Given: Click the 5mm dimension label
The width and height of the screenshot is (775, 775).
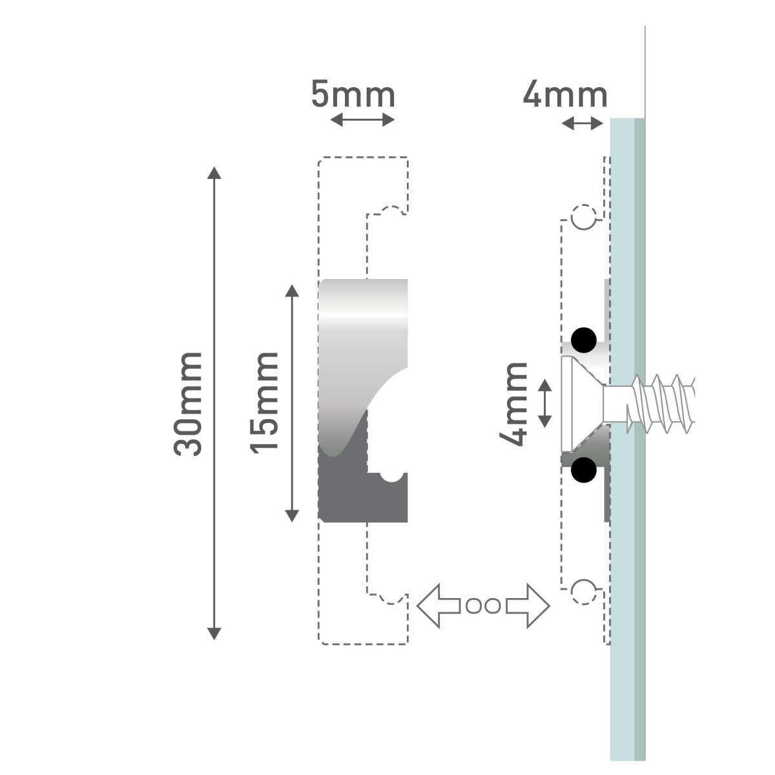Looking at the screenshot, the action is (x=353, y=95).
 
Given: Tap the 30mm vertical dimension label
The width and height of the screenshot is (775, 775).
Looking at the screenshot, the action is (x=187, y=404).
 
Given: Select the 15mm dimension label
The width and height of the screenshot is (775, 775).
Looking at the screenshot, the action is (x=264, y=403).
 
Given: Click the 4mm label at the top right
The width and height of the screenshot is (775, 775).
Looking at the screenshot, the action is (x=564, y=95).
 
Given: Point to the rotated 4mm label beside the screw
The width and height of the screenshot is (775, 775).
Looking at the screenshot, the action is (x=513, y=404).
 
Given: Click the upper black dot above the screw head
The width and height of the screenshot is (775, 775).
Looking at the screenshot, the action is (x=584, y=340).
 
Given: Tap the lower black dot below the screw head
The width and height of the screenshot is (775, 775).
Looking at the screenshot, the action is (x=584, y=470).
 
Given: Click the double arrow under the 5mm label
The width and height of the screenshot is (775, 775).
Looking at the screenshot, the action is (x=362, y=119).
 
